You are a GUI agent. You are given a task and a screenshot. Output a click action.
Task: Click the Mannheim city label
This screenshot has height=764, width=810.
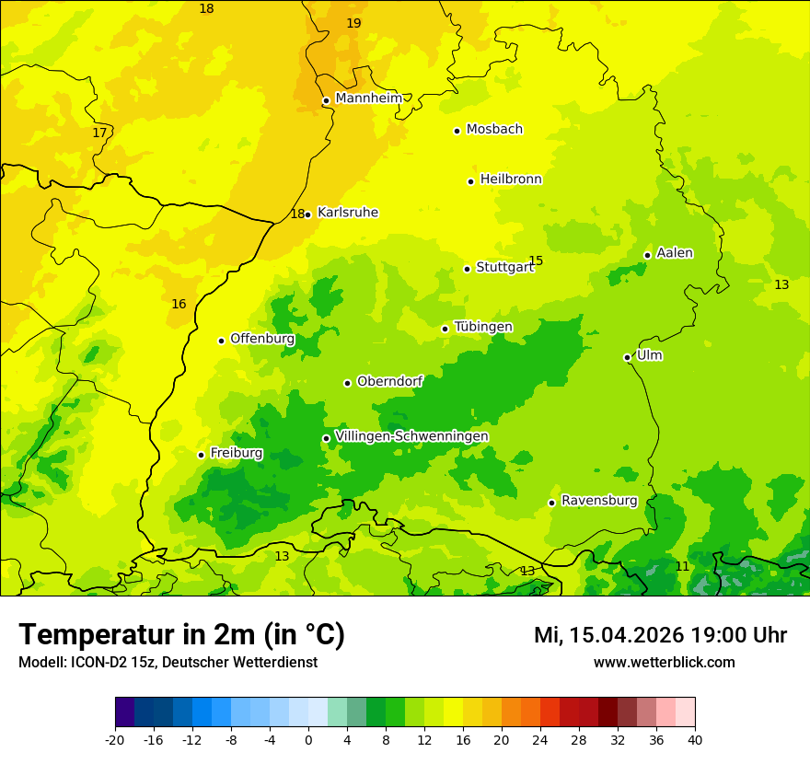point(369,98)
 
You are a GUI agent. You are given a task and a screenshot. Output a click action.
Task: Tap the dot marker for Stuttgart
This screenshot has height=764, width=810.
point(467,269)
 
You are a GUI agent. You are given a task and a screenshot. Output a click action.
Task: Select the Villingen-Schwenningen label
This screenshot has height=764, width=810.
point(411,436)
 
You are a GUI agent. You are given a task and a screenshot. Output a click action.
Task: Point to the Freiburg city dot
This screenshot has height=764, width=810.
point(201,455)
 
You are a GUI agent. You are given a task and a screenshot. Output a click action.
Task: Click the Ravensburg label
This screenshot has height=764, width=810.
point(599,501)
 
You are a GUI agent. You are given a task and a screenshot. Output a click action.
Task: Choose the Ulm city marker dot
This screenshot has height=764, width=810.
point(627,357)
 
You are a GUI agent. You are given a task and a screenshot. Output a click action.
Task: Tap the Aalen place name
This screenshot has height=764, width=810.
point(675,253)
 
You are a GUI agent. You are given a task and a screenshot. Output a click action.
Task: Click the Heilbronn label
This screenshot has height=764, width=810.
point(511,179)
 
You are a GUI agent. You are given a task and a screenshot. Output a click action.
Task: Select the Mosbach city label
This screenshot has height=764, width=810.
point(494,130)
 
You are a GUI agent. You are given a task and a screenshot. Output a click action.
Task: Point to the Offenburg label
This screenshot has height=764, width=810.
point(262,339)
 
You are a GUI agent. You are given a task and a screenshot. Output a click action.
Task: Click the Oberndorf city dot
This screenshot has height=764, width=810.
point(347,383)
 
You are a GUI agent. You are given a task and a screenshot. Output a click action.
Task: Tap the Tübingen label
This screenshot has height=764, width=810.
point(483,327)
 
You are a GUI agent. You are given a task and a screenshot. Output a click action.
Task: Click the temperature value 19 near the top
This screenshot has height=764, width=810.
point(353,23)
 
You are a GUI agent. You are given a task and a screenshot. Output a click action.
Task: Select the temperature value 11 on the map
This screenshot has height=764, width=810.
point(682,566)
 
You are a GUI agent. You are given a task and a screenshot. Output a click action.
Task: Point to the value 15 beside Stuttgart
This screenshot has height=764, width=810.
point(536,260)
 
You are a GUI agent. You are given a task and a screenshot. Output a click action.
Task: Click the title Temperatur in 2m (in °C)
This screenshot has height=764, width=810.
point(181,634)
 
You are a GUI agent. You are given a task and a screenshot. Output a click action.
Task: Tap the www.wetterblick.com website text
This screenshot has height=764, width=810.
point(664,662)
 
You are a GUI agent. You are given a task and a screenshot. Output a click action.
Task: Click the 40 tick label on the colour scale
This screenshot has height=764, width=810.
point(694,739)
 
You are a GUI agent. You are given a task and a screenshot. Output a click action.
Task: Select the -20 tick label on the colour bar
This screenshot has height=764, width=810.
point(115,739)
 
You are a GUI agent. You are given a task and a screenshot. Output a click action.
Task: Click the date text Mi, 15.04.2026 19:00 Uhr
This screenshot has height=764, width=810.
point(660,635)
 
